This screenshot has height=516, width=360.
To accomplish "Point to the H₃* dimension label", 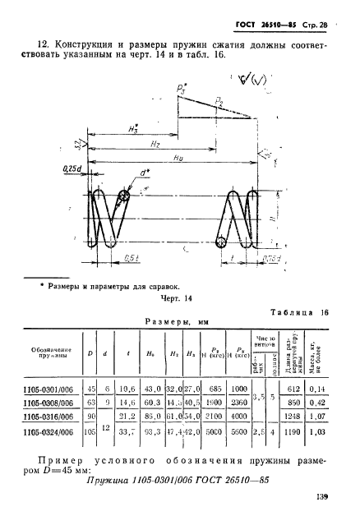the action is coord(132,127).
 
